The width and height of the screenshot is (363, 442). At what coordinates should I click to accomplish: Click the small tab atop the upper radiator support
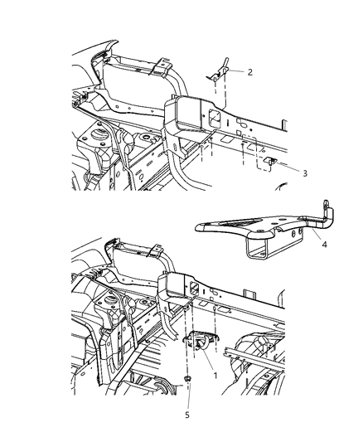pos(163,61)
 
